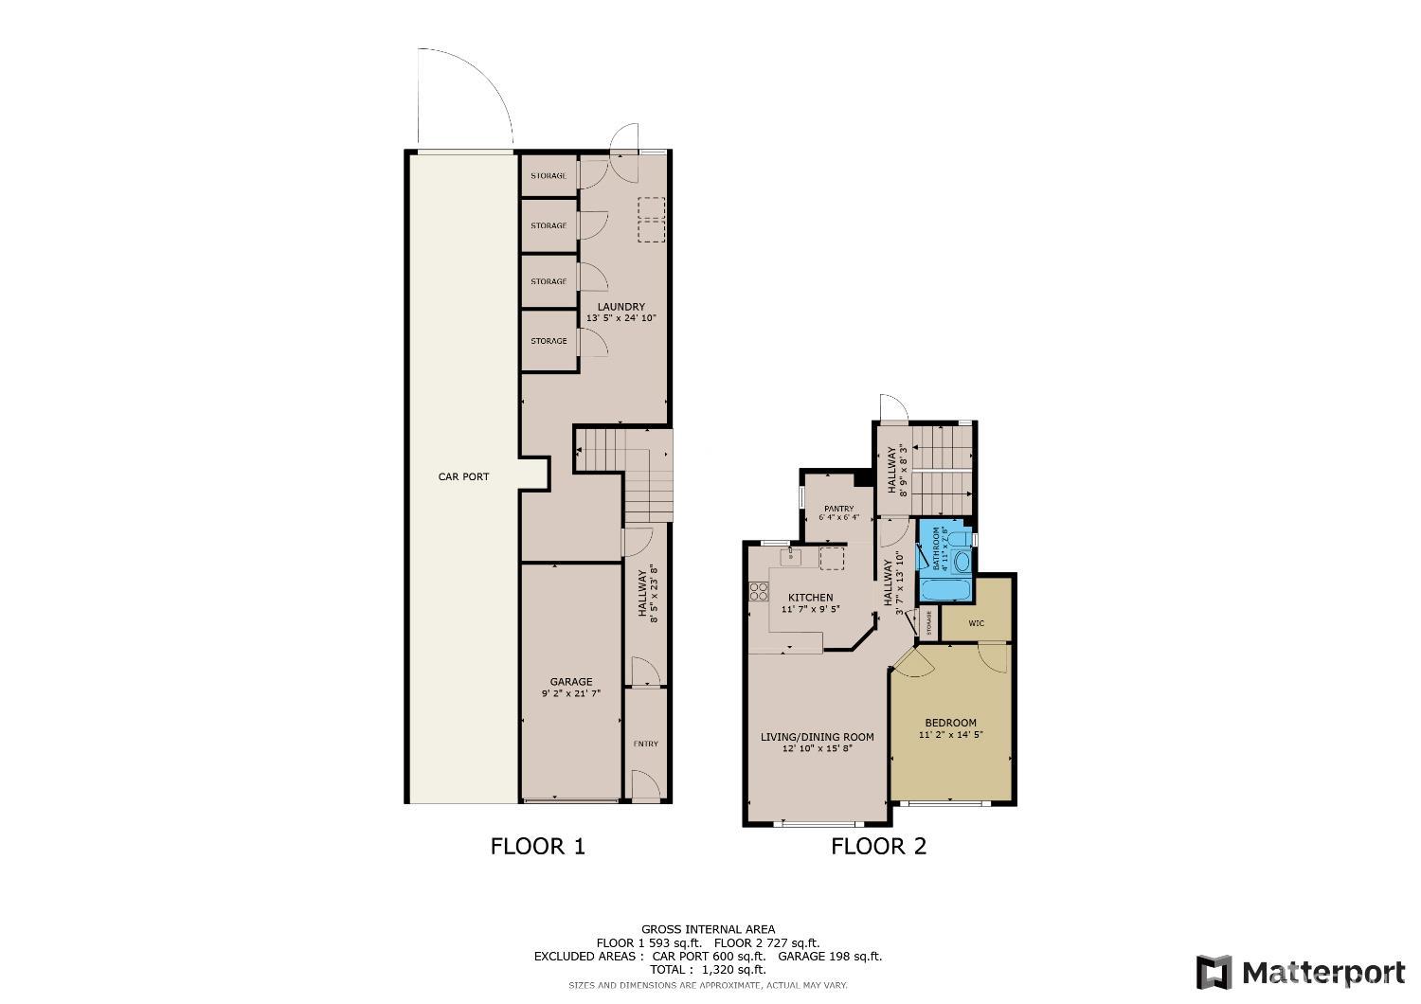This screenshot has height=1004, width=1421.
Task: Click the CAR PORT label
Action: tap(463, 476)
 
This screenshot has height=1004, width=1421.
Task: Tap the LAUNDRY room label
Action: tap(621, 307)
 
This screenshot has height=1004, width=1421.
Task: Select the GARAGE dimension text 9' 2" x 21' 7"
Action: tap(571, 694)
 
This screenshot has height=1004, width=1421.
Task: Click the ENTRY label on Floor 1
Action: tap(646, 744)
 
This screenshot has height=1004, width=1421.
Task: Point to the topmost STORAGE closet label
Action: tap(549, 176)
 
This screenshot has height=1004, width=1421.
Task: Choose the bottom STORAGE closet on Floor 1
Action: tap(549, 341)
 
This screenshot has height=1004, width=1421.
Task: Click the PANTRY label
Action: tap(838, 509)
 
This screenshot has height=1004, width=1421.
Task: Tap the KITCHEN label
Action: tap(811, 598)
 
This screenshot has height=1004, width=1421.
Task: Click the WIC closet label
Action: tap(977, 623)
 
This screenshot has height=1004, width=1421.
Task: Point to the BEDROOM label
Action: tap(950, 723)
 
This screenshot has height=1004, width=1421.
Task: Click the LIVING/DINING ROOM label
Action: tap(817, 737)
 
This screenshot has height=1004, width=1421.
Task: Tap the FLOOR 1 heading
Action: tap(537, 846)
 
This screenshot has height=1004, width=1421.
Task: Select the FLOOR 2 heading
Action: tap(878, 846)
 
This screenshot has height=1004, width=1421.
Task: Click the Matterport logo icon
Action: tap(1214, 973)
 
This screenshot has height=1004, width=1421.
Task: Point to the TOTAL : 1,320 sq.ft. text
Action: tap(708, 970)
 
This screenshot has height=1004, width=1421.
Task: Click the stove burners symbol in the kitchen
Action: tap(759, 592)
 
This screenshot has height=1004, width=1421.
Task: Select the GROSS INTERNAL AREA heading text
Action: tap(708, 929)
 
